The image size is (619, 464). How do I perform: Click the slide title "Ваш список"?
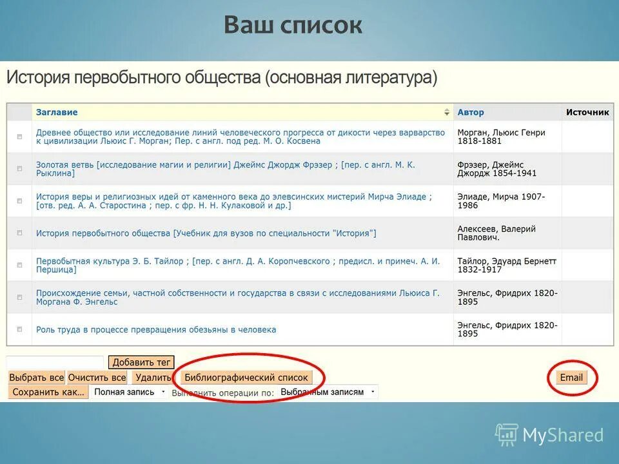pos(293,25)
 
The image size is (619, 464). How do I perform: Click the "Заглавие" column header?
pos(57,112)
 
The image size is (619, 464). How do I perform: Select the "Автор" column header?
pos(471,112)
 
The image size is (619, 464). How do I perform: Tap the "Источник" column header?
pos(587,112)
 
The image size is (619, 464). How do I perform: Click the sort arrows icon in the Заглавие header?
pos(447,112)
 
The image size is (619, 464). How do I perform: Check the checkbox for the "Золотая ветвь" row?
pos(19,169)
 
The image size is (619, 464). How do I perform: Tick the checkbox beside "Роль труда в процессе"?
pos(19,329)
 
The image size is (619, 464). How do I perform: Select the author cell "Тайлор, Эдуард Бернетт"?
pos(507,266)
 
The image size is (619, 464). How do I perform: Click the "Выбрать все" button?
pos(37,378)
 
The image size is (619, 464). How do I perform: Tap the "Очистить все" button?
pos(97,378)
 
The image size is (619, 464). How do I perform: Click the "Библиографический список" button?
pos(246,378)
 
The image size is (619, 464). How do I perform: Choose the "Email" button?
pos(571,378)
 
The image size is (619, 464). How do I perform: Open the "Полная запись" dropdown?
pos(129,392)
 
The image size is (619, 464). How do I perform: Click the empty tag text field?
pos(55,362)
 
